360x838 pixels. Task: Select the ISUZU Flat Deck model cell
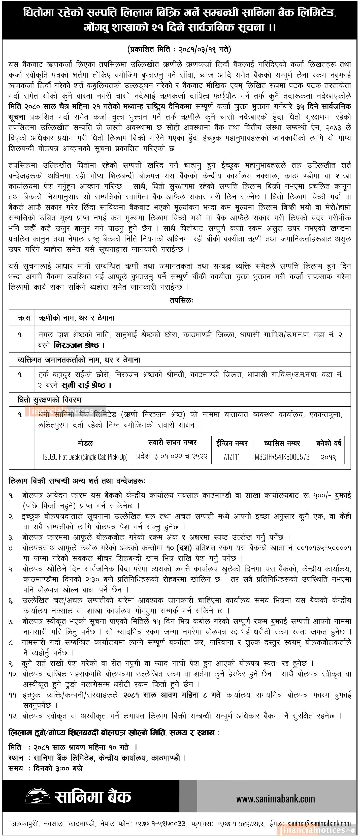[85, 457]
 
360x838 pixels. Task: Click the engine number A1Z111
[232, 457]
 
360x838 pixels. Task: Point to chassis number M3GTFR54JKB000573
[282, 457]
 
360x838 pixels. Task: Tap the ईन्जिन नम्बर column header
[232, 443]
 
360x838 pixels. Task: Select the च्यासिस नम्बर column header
[282, 443]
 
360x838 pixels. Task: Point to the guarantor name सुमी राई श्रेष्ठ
[83, 385]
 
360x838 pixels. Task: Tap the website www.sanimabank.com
[275, 799]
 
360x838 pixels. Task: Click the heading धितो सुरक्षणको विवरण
[49, 400]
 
